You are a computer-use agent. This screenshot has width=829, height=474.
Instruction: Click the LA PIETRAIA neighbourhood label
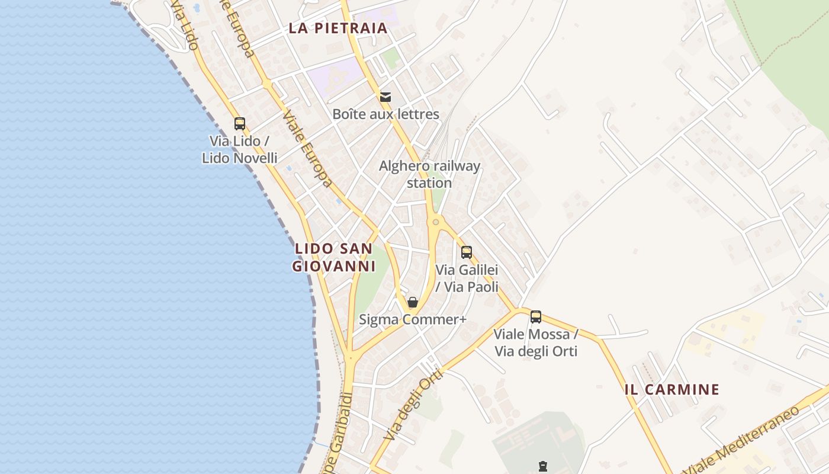point(338,28)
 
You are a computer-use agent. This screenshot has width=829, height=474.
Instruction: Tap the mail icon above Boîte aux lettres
point(385,97)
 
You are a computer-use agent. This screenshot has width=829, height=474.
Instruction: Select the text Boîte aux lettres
point(385,114)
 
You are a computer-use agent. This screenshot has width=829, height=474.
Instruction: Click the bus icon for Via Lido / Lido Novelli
point(240,124)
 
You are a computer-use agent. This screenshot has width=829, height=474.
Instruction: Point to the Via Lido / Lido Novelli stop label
point(240,149)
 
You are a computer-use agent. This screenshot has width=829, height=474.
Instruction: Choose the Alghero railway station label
point(429,174)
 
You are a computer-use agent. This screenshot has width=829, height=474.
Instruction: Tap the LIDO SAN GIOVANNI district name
point(334,257)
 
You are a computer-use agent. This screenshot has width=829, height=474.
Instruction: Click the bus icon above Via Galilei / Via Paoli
point(467,252)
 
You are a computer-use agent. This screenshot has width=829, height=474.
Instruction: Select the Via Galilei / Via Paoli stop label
point(467,278)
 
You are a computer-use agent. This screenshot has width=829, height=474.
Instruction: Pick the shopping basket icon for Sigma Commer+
point(413,302)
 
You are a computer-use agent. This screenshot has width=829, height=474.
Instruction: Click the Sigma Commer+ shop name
point(413,320)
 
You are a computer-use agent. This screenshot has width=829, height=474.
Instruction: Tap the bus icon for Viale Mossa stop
point(536,316)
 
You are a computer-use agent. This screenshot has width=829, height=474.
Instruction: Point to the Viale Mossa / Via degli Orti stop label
point(536,342)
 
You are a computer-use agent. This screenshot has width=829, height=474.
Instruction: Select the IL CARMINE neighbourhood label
point(672,389)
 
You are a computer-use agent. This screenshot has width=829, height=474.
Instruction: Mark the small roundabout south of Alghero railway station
point(436,222)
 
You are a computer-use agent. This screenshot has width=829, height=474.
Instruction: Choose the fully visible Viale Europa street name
point(308,148)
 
